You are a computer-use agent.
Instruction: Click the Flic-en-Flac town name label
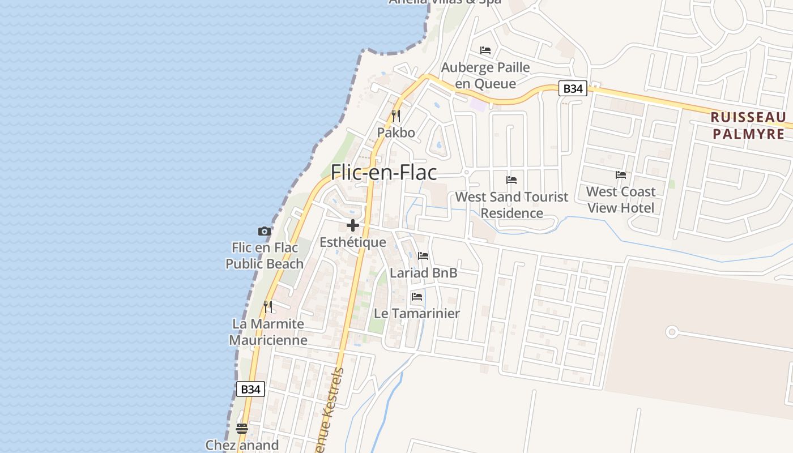tap(383, 172)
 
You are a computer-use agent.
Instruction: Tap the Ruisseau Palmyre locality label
tap(748, 126)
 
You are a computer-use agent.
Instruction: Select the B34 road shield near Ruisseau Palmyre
tap(573, 88)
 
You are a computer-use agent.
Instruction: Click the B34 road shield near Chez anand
tap(250, 389)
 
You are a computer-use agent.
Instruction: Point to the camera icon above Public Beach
tap(264, 231)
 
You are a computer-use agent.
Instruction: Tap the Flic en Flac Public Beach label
tap(265, 256)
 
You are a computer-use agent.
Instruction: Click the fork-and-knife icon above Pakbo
tap(396, 116)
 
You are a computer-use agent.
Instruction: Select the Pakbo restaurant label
tap(396, 133)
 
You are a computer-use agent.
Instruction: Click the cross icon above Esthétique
tap(353, 225)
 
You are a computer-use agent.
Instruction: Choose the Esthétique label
tap(352, 242)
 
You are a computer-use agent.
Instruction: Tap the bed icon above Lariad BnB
tap(423, 256)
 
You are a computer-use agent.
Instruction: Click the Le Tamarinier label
tap(416, 313)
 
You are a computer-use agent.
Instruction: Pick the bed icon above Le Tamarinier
tap(417, 297)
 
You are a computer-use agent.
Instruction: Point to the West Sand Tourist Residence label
tap(511, 205)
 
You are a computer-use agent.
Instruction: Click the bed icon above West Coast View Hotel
tap(621, 175)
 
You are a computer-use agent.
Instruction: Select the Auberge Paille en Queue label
tap(485, 75)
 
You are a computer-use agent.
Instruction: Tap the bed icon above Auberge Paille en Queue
tap(485, 50)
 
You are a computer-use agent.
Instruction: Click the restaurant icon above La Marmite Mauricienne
tap(268, 307)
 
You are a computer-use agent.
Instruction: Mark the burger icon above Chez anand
tap(242, 428)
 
